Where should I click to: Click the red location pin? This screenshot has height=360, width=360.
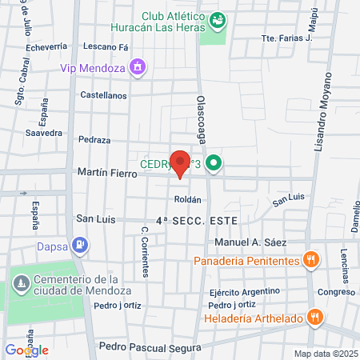tap(181, 162)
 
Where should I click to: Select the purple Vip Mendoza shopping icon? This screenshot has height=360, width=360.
tap(138, 67)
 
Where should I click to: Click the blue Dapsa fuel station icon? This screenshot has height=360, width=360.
tap(79, 245)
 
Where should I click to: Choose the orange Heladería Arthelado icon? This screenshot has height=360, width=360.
tap(316, 318)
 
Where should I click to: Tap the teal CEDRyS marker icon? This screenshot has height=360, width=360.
tap(213, 166)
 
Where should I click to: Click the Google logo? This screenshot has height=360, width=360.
tap(26, 350)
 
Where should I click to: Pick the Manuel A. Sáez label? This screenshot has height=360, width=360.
tap(250, 242)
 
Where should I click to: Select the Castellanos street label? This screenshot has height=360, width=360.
tap(103, 94)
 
